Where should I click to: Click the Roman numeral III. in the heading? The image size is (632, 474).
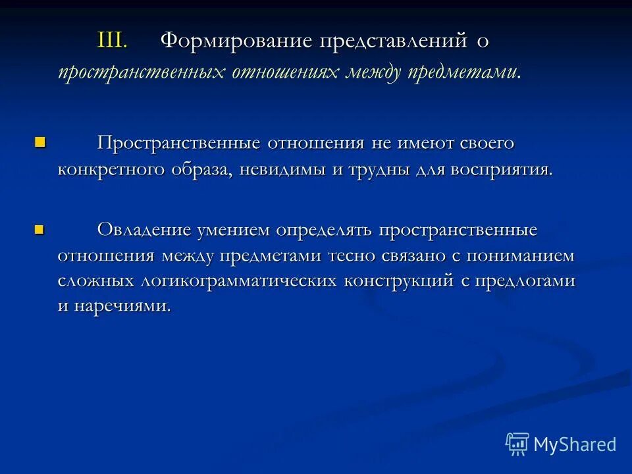click(x=112, y=41)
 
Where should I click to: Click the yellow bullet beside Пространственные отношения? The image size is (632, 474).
click(x=40, y=141)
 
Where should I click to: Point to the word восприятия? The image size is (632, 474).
click(x=500, y=169)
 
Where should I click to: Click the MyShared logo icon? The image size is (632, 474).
click(x=517, y=444)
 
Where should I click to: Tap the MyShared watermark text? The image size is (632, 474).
click(x=575, y=444)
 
